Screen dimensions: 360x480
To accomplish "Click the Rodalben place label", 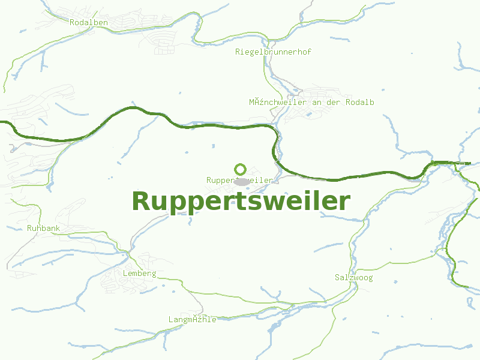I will point(89,23).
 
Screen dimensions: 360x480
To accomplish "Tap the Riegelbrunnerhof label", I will point(273,52).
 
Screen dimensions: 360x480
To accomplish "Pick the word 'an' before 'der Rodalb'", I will point(317,103).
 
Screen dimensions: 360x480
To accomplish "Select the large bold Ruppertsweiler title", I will point(241,202).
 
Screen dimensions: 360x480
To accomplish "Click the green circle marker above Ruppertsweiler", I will point(241,169).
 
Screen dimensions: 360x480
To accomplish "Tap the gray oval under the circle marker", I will point(242,181).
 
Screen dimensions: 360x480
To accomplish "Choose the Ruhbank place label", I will point(43,229).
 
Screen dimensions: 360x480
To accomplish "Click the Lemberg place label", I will point(139,274).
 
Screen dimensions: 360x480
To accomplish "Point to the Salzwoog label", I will point(353,278).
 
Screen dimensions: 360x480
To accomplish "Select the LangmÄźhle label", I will point(192,320).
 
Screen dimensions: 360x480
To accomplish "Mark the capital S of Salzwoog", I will point(337,278).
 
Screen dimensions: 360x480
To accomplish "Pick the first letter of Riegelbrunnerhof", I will point(238,52).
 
